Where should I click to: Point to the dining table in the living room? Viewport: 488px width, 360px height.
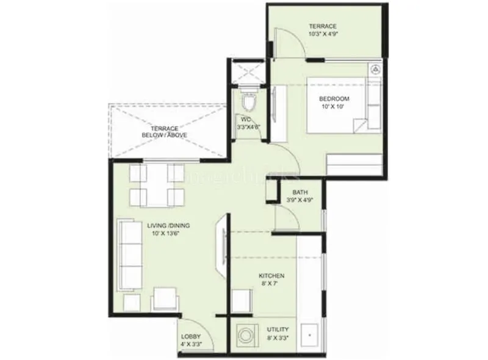(157, 184)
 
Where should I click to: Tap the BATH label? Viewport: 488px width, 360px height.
(299, 193)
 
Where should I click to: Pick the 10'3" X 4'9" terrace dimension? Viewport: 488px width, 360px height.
(323, 34)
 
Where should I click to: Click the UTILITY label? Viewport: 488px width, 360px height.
(278, 329)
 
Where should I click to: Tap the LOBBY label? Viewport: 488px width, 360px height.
(191, 337)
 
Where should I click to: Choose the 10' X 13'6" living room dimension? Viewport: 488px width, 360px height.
(167, 233)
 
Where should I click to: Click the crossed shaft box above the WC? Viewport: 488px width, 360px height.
(247, 72)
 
